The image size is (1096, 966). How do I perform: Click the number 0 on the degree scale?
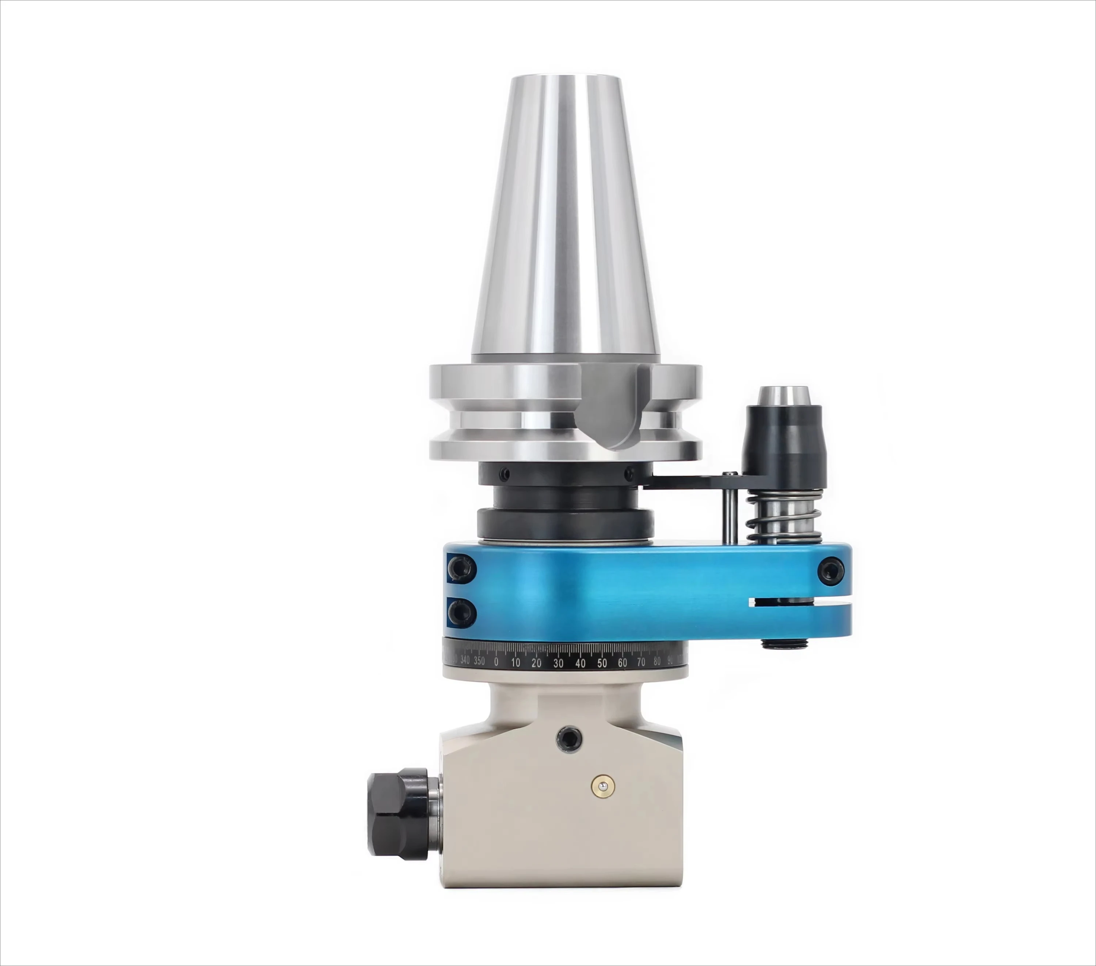point(496,662)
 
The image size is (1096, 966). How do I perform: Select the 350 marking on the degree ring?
point(479,661)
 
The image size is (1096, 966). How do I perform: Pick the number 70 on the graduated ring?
point(641,662)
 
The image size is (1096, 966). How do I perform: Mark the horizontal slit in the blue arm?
point(799,603)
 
